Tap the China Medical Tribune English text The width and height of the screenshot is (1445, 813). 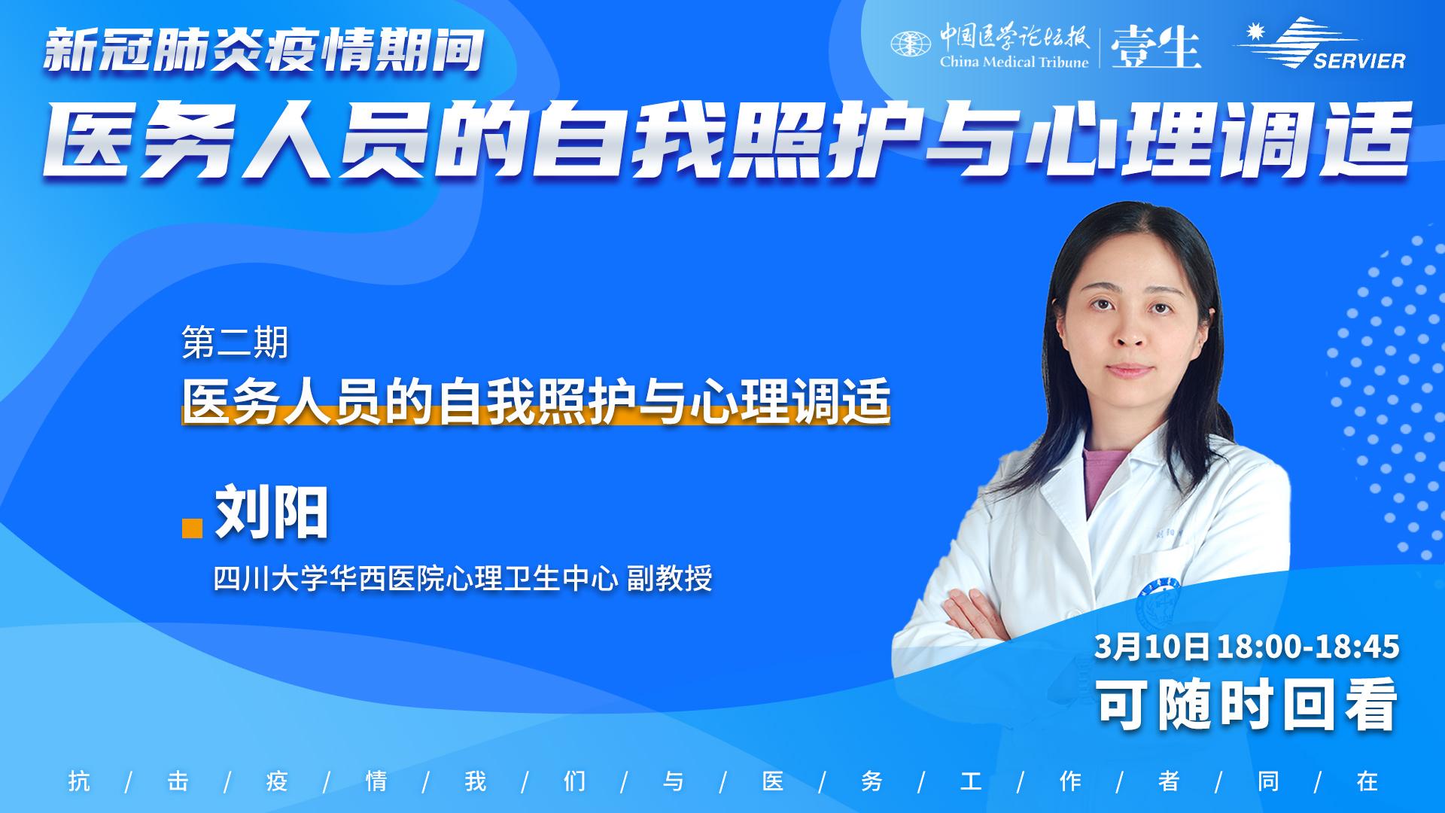click(1014, 62)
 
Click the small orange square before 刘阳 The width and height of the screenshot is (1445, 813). click(193, 528)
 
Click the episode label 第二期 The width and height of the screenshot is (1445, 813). click(236, 343)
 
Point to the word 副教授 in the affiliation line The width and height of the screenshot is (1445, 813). click(670, 579)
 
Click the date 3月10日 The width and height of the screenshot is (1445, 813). click(1152, 647)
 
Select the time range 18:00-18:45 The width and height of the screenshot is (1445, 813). click(1308, 647)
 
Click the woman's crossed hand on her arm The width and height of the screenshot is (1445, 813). click(971, 614)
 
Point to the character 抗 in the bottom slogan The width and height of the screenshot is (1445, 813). click(79, 781)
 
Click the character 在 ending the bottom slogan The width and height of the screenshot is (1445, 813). click(1367, 781)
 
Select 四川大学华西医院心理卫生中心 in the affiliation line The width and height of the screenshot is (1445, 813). click(416, 579)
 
